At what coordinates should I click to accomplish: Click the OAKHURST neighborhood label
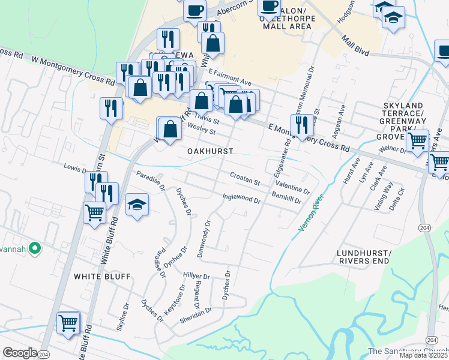tap(209, 151)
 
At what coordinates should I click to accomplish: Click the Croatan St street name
tap(244, 178)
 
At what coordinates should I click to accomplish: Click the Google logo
tap(20, 353)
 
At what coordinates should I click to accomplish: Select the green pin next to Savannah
tap(35, 247)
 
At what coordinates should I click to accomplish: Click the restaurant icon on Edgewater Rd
tap(302, 124)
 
